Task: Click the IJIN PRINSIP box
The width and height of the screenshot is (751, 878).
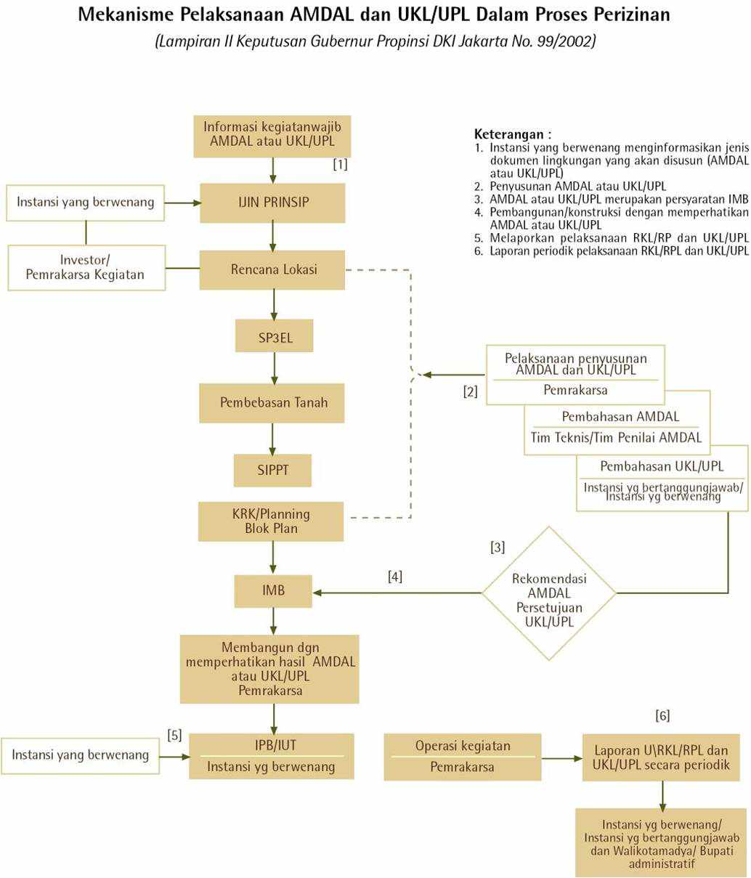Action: (272, 202)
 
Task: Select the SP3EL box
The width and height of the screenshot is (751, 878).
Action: (274, 336)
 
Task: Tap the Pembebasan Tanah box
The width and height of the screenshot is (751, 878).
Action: (272, 402)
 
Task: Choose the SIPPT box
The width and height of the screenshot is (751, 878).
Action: (272, 470)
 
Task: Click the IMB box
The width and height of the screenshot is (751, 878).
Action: (273, 591)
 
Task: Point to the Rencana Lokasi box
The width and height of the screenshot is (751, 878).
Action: (272, 269)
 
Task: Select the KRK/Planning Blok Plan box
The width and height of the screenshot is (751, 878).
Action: (271, 521)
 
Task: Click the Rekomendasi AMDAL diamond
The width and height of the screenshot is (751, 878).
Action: (549, 593)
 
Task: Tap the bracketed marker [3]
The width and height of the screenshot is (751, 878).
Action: (498, 548)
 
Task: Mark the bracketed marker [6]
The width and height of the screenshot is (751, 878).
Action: (662, 716)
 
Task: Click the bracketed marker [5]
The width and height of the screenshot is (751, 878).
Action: (174, 735)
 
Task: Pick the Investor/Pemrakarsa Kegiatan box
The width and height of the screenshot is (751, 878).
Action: (86, 267)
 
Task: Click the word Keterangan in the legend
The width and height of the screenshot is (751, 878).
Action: (508, 134)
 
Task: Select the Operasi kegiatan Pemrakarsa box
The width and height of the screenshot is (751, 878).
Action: (463, 757)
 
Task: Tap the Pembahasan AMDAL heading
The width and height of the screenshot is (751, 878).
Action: (620, 417)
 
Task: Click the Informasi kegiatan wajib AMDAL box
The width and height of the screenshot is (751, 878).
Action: (272, 135)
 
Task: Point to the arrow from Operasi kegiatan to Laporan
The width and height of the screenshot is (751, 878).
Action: (561, 758)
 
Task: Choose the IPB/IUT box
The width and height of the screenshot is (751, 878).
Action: (272, 756)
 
